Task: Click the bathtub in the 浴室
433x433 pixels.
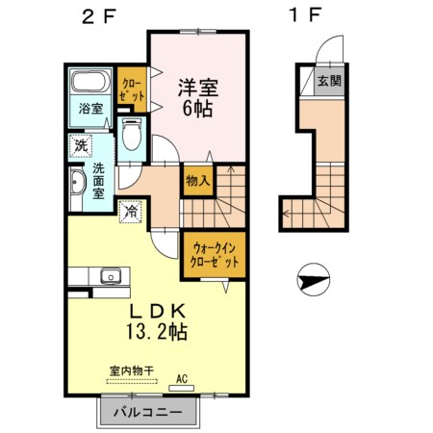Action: pyautogui.click(x=91, y=83)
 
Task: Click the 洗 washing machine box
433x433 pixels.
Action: pyautogui.click(x=79, y=146)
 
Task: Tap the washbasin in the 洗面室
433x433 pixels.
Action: pyautogui.click(x=76, y=183)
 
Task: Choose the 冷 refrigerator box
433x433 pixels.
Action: pyautogui.click(x=129, y=209)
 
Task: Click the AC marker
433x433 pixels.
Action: pyautogui.click(x=182, y=379)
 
